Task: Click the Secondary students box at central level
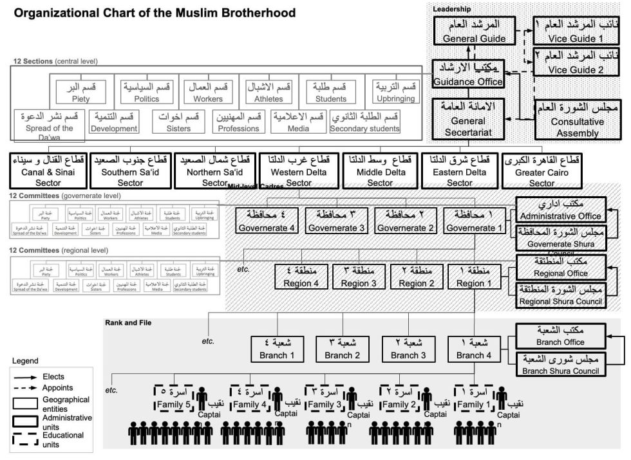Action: (364, 122)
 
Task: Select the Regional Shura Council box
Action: (559, 295)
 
